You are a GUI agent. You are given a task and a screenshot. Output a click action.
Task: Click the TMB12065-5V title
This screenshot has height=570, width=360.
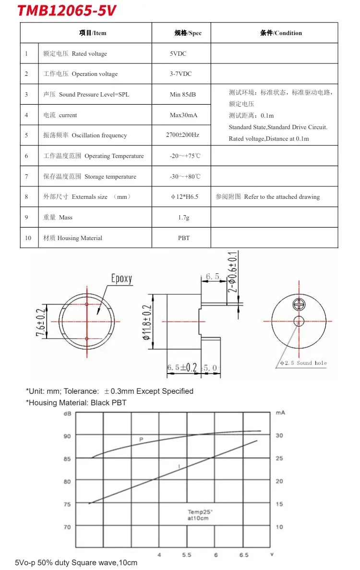[x=67, y=11]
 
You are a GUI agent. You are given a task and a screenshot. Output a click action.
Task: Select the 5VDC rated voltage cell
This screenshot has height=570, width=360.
[x=178, y=54]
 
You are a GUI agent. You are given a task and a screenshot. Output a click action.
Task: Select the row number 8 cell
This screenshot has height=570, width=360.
[x=27, y=197]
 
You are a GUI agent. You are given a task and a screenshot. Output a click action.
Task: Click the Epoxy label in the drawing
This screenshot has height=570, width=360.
[x=121, y=279]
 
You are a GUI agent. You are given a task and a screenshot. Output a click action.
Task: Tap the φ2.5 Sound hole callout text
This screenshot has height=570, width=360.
[x=303, y=363]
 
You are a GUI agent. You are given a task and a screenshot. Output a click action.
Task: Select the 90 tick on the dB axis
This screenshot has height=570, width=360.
[x=67, y=436]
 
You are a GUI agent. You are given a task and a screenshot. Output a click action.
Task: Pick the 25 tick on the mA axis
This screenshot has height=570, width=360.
[x=279, y=459]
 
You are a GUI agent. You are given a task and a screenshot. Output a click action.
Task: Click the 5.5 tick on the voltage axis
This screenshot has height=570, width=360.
[x=187, y=555]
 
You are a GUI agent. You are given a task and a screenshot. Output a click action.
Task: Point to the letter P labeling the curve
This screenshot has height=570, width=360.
[x=141, y=439]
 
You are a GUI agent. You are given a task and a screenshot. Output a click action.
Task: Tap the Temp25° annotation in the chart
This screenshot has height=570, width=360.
[x=200, y=512]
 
